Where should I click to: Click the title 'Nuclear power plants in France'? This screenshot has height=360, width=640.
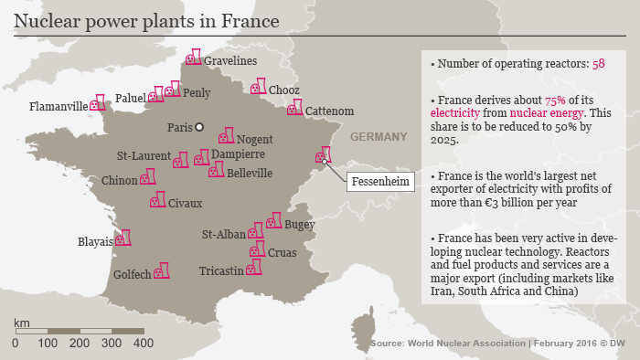pos(147,19)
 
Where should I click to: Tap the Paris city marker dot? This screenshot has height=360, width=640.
pos(199,127)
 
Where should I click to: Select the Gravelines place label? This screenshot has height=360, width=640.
pos(229,60)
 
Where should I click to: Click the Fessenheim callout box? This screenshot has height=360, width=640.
pos(380,180)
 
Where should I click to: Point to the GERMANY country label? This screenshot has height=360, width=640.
pos(378,137)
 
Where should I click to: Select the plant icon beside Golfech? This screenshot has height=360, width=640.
pos(162,271)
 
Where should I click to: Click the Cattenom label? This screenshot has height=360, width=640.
pos(329,111)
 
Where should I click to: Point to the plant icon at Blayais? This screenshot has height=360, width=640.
pos(123,238)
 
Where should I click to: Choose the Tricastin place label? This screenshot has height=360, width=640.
pos(221,270)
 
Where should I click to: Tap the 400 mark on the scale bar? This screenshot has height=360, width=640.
pos(143,343)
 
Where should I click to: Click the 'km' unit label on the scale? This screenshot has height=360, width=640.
pos(22,323)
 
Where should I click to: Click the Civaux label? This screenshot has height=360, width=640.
pos(185,203)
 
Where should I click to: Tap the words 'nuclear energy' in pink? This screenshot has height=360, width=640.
pos(528,113)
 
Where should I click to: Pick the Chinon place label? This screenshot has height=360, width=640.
pos(119,180)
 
